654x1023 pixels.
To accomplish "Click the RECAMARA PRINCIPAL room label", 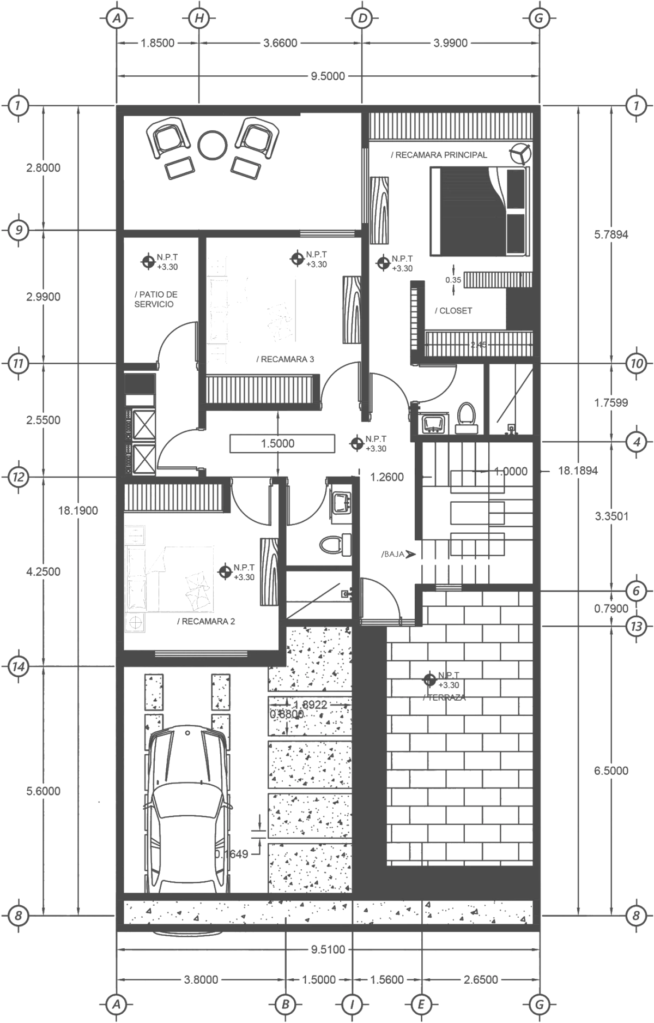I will coord(438,155).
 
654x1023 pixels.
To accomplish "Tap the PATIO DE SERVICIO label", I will coord(156,299).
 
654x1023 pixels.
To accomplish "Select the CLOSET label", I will coord(452,310).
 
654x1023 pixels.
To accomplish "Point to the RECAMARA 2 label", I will coord(205,621).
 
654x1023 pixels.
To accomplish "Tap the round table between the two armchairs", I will coord(211,143).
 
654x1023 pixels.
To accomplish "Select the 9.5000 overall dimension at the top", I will coord(328,76).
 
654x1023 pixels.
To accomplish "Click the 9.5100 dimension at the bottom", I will coord(328,949).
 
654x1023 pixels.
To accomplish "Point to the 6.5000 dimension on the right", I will coord(610,771).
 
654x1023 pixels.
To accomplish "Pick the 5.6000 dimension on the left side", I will coord(44,791).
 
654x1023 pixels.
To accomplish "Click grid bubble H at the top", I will coord(199,18).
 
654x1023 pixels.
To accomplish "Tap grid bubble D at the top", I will coord(362,18).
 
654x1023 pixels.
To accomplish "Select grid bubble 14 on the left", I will coord(19,666).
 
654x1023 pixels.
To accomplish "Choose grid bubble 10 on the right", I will coord(635,363).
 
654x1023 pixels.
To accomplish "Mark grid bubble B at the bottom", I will coord(284,1003).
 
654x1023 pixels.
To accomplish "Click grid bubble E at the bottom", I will coord(421,1003).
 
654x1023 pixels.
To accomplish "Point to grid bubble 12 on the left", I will coord(19,477).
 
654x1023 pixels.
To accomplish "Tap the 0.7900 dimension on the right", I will coord(610,608).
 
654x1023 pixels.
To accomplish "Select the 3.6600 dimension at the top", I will coord(280,43).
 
